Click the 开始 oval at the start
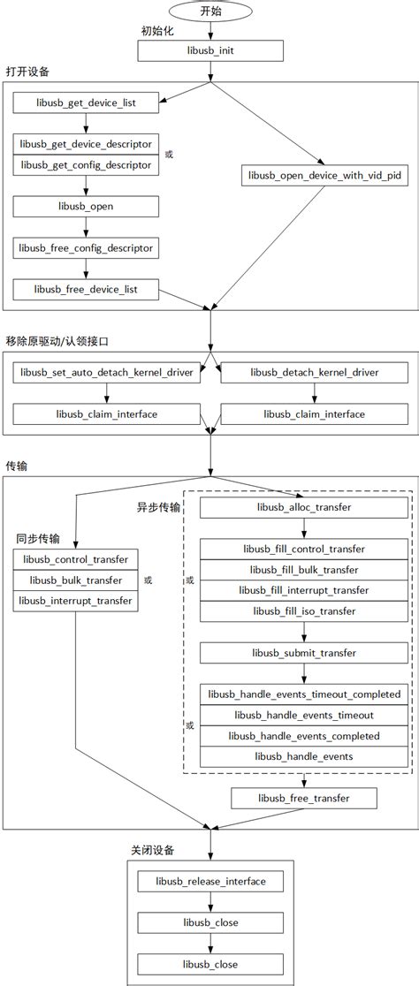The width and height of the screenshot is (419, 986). coord(210,11)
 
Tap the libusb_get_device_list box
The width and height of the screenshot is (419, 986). coord(86,103)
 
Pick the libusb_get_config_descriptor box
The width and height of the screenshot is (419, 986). coord(86,163)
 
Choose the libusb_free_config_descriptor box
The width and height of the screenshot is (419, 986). coord(86,247)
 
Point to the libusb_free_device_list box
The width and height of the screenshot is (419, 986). coord(86,288)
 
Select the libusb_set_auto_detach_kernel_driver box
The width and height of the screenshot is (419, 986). coord(105,373)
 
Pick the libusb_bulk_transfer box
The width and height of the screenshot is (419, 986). coord(75,580)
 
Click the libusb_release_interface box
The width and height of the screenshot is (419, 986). coord(209,881)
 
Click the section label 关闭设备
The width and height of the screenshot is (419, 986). coord(152,850)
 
